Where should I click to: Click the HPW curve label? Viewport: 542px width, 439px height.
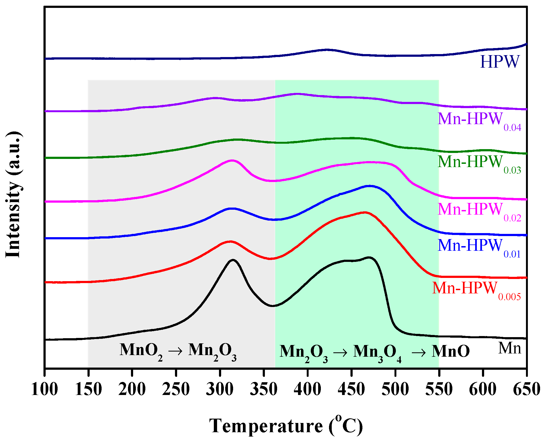click(499, 62)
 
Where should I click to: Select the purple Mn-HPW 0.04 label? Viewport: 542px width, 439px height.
click(479, 120)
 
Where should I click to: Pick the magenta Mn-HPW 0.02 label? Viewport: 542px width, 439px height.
click(479, 211)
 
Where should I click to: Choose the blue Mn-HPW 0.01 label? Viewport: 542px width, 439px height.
click(479, 247)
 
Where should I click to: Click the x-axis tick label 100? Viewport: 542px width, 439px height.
click(45, 389)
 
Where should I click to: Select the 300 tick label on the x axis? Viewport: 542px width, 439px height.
click(220, 389)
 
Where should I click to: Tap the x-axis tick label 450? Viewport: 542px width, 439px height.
click(351, 389)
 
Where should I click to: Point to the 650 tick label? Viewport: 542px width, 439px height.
click(526, 389)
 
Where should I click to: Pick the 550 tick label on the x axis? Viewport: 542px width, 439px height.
click(438, 389)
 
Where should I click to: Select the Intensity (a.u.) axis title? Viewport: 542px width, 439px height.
click(13, 195)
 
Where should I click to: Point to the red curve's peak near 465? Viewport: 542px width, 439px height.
click(365, 212)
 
